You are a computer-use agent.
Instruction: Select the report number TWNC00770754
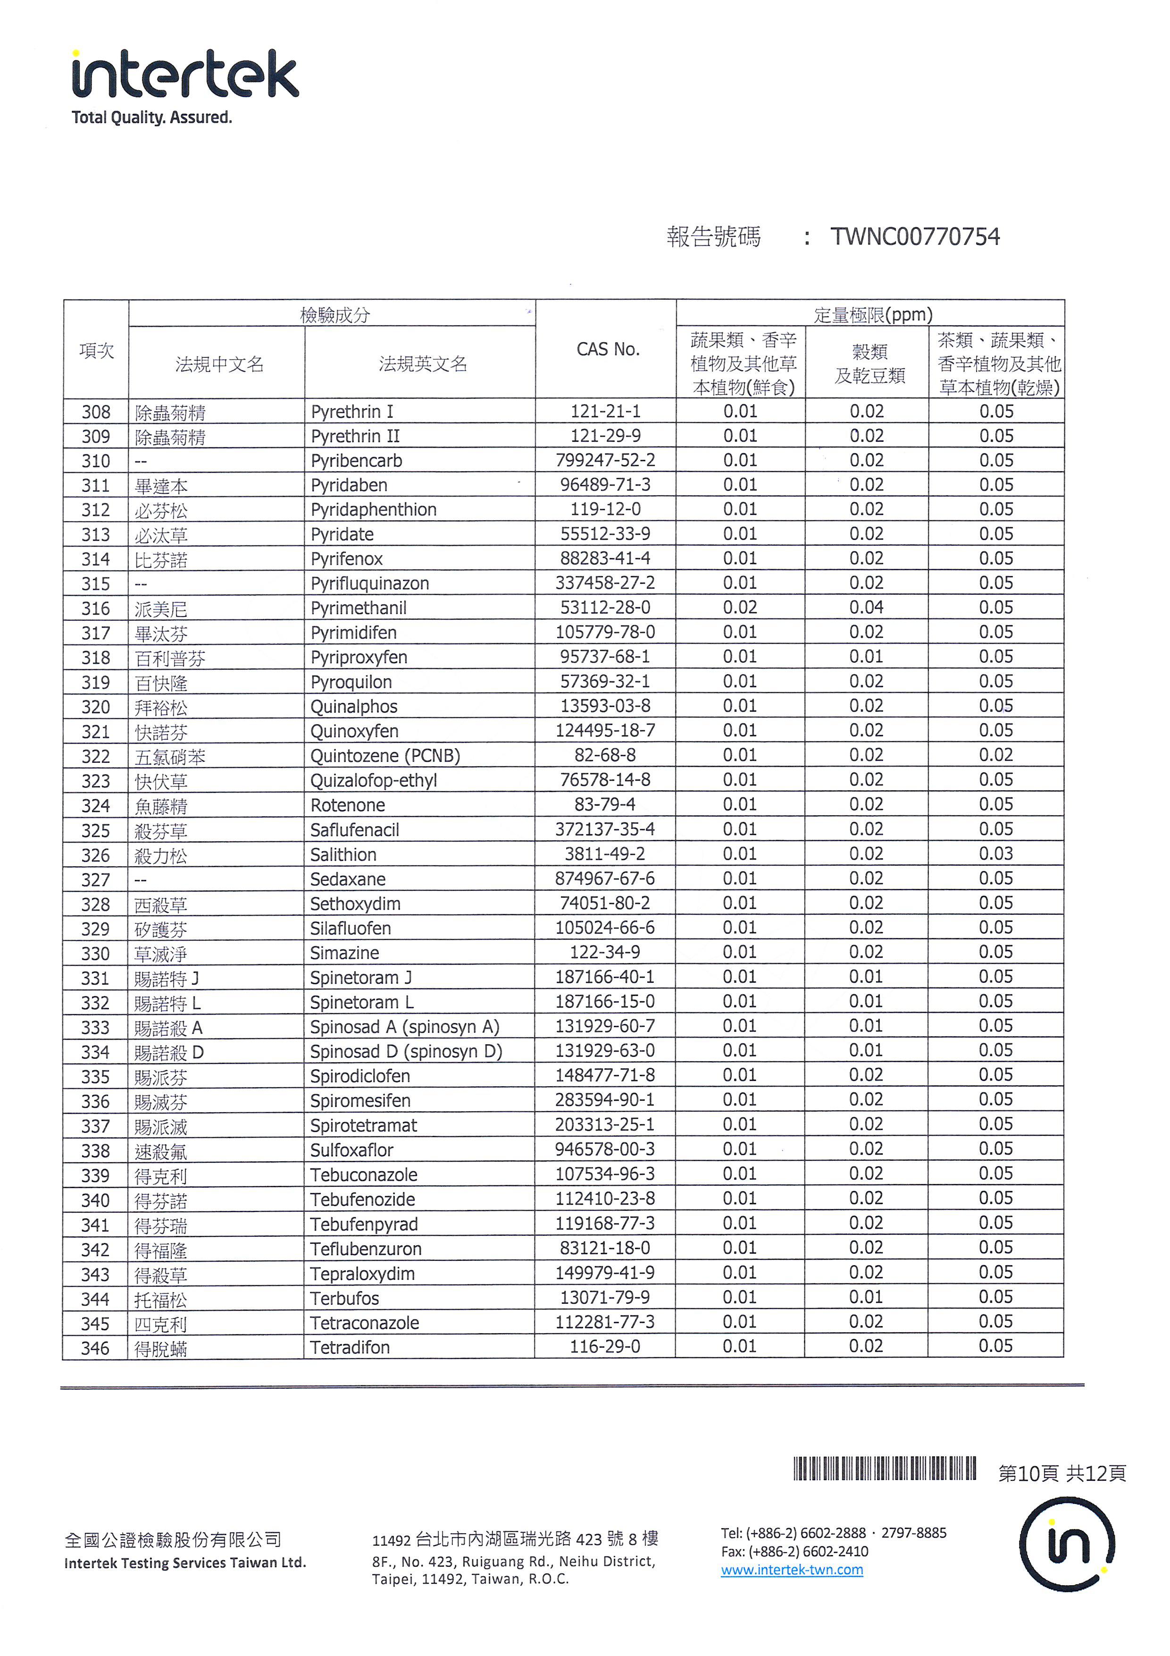tap(915, 237)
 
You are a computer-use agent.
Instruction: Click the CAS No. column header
tap(607, 350)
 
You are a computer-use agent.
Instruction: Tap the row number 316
tap(96, 608)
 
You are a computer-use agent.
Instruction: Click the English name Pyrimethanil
tap(358, 608)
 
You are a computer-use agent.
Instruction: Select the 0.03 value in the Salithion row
tap(995, 854)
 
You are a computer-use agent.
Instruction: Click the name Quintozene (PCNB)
tap(385, 756)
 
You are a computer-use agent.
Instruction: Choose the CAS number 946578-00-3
tap(605, 1149)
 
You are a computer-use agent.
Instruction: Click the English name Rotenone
tap(348, 805)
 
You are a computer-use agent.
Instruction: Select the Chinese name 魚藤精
tap(161, 806)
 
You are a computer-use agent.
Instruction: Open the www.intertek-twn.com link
tap(792, 1570)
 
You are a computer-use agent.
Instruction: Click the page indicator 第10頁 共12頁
tap(1061, 1473)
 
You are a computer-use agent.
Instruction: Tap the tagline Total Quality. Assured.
tap(151, 118)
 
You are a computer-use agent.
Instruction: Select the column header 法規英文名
tap(423, 364)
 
